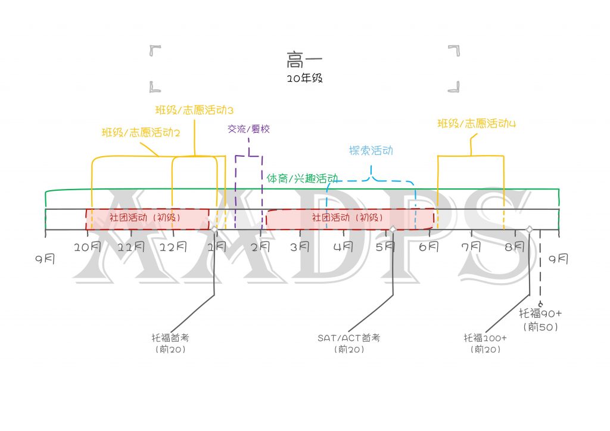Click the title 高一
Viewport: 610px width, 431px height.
click(x=304, y=60)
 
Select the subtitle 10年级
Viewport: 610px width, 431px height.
click(x=304, y=78)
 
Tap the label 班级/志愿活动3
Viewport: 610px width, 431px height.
click(x=194, y=110)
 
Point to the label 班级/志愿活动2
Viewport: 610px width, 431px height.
click(x=141, y=133)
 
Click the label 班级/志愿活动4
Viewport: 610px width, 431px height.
click(x=477, y=124)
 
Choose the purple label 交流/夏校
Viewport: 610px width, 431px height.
click(x=248, y=129)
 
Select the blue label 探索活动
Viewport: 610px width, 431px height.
click(x=371, y=151)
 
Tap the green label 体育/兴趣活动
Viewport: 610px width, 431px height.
click(x=302, y=179)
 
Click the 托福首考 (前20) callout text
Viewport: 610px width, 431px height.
click(x=170, y=343)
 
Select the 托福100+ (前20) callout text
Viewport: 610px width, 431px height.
click(x=485, y=343)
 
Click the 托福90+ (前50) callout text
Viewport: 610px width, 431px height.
click(x=540, y=320)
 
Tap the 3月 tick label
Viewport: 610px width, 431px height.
click(x=300, y=247)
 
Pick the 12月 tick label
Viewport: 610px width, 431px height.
click(x=173, y=247)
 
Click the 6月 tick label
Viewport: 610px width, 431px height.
click(x=429, y=247)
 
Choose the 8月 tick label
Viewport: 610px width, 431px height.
click(x=515, y=247)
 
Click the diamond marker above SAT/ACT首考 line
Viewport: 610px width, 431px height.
click(x=393, y=230)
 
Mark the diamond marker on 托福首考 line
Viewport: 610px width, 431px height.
click(x=214, y=230)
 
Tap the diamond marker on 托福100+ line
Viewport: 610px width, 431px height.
click(x=530, y=230)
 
